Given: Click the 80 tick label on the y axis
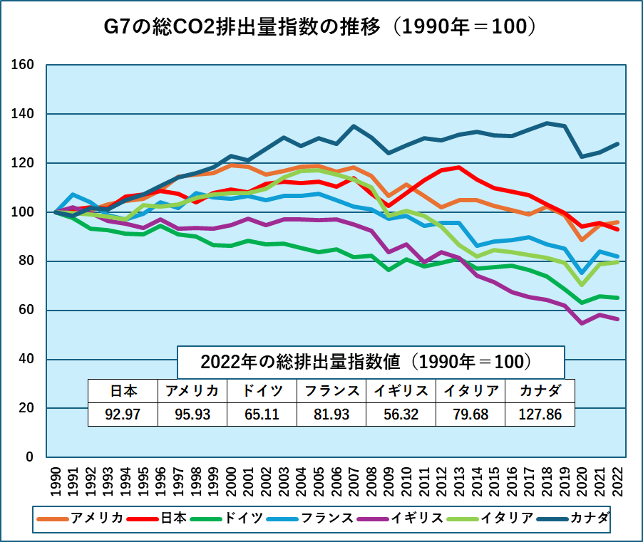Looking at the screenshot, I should [x=26, y=261].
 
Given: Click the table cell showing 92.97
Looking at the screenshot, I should [x=123, y=413].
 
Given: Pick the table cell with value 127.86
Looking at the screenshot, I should [x=539, y=413].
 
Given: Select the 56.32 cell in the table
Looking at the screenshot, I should [x=400, y=413].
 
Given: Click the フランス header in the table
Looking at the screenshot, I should [x=331, y=391].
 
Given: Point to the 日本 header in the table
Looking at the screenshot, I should [x=123, y=391].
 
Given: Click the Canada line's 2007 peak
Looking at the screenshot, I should [x=354, y=126].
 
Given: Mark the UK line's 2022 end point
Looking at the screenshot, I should [x=617, y=319].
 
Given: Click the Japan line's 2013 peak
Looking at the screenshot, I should [x=458, y=167].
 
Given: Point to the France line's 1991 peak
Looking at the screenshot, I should [x=73, y=194].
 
